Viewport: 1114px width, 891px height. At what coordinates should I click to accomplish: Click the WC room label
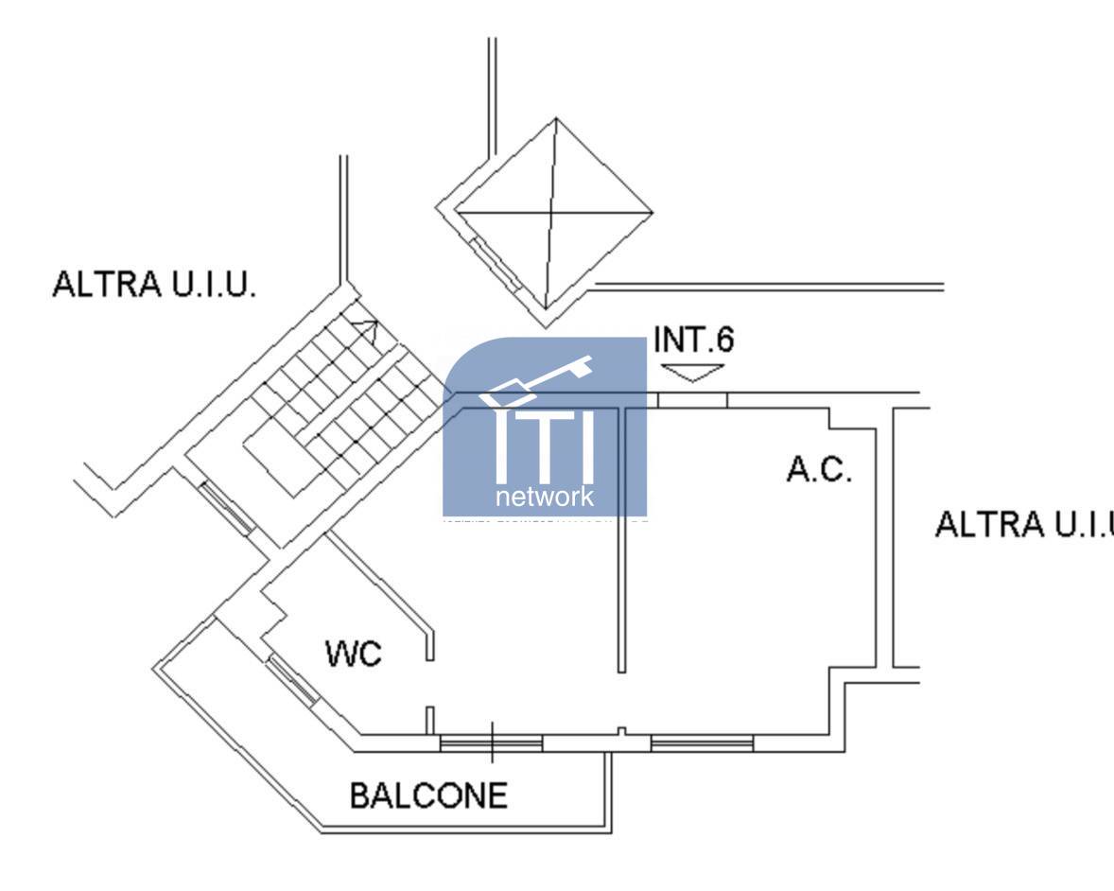pyautogui.click(x=353, y=653)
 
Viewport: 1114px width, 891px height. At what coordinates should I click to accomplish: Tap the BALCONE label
pyautogui.click(x=428, y=795)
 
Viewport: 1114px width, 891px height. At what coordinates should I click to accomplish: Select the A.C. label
pyautogui.click(x=819, y=469)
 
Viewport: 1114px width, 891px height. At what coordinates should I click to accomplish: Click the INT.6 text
pyautogui.click(x=694, y=341)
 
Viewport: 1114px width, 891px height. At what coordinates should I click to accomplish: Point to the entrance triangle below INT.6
pyautogui.click(x=693, y=373)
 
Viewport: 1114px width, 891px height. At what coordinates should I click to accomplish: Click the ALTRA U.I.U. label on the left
pyautogui.click(x=154, y=285)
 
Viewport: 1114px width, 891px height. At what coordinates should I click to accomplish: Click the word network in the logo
pyautogui.click(x=545, y=497)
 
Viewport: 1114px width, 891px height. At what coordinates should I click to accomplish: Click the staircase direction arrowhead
pyautogui.click(x=367, y=332)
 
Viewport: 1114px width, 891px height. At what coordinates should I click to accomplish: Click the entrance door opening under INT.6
pyautogui.click(x=693, y=400)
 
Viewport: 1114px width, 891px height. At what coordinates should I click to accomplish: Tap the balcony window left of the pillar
pyautogui.click(x=492, y=744)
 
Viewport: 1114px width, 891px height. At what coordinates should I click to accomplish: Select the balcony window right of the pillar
pyautogui.click(x=702, y=744)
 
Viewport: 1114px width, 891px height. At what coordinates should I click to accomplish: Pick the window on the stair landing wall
pyautogui.click(x=225, y=508)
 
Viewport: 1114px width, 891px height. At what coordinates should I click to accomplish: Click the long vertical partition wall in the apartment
pyautogui.click(x=621, y=539)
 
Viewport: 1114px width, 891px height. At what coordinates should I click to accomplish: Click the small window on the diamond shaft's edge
pyautogui.click(x=495, y=263)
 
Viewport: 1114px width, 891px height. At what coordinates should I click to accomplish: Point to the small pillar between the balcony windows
pyautogui.click(x=621, y=732)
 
